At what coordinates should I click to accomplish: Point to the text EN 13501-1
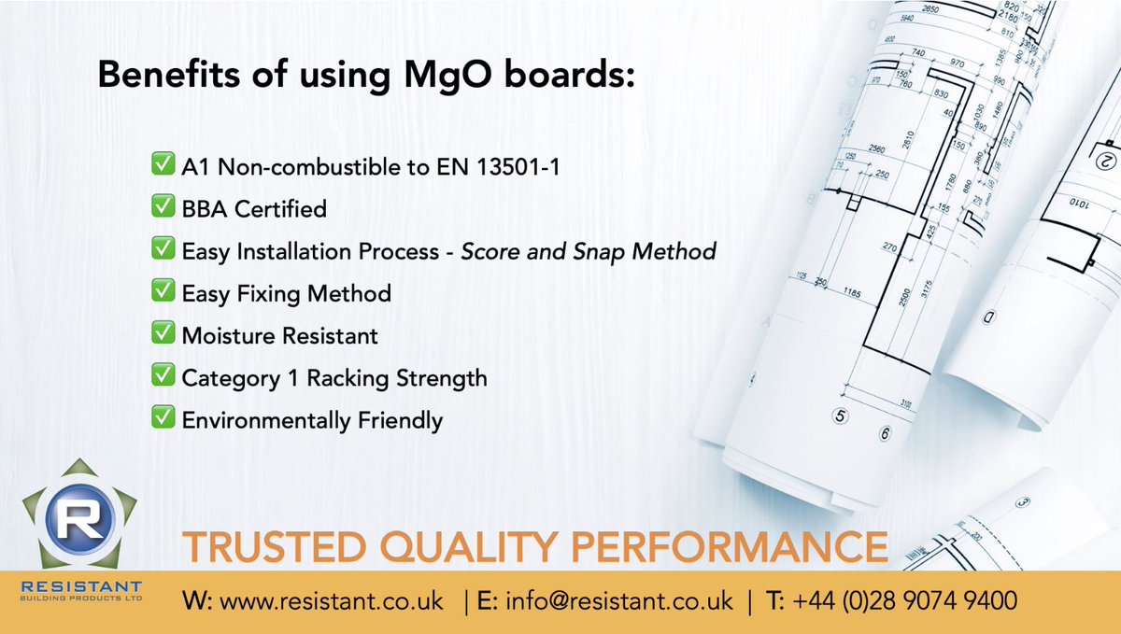coord(500,166)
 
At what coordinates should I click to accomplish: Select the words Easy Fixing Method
coord(287,293)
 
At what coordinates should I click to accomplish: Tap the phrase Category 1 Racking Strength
coord(334,377)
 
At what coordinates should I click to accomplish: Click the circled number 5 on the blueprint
coord(840,417)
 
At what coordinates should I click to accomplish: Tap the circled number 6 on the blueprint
coord(885,432)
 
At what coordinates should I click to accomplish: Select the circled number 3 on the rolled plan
coord(1022,502)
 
